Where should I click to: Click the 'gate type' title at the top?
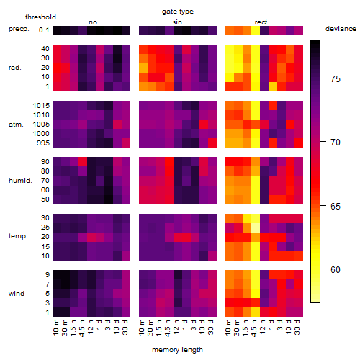(x=178, y=12)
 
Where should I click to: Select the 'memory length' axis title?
(x=177, y=350)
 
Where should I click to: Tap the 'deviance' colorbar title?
(x=341, y=29)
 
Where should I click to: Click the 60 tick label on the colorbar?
(x=336, y=270)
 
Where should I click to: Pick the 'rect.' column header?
(x=262, y=22)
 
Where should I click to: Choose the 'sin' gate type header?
(x=177, y=22)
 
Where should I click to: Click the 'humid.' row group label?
(x=20, y=181)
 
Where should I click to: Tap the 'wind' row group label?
(x=17, y=294)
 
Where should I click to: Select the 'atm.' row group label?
(x=16, y=125)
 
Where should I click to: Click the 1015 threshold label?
(x=41, y=106)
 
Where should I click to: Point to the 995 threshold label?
(x=43, y=143)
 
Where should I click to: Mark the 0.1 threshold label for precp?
(x=44, y=30)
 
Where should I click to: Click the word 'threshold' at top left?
(x=40, y=17)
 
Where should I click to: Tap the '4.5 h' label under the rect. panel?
(x=254, y=328)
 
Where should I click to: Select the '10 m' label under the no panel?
(x=55, y=328)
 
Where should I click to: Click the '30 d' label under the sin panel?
(x=210, y=328)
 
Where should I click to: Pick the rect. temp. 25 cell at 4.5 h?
(x=256, y=228)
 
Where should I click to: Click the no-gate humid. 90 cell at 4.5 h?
(x=83, y=162)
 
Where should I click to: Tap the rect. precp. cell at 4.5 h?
(x=256, y=30)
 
